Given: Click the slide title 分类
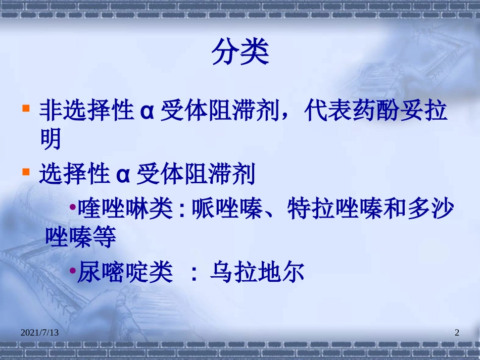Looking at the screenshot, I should point(240,53).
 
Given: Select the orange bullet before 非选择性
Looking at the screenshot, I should point(25,109).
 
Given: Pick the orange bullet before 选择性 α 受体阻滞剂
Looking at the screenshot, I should point(25,172).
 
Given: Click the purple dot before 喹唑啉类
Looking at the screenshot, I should point(73,208).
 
